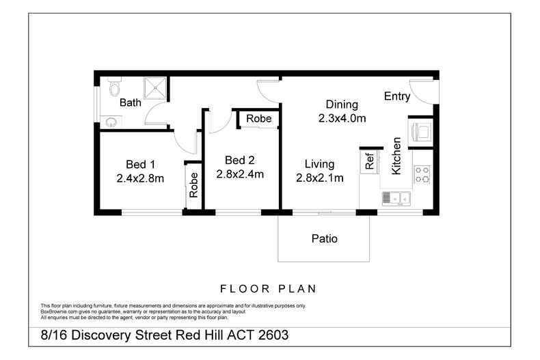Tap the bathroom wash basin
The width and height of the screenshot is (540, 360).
click(x=111, y=122)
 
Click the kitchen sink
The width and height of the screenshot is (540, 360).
click(x=394, y=199)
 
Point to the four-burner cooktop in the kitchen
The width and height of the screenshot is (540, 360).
click(x=422, y=175)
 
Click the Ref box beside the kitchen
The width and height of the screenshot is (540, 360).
click(x=370, y=161)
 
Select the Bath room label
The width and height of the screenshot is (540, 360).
click(x=131, y=103)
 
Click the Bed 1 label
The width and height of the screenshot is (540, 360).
click(x=141, y=164)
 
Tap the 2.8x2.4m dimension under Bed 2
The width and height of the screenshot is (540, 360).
click(x=240, y=174)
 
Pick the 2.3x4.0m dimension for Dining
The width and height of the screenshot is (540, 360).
click(x=342, y=117)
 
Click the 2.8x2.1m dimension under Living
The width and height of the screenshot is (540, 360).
click(x=319, y=178)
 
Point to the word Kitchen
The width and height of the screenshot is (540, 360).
click(x=396, y=156)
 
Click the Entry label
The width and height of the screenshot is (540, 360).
click(x=396, y=96)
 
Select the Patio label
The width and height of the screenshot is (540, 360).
click(x=325, y=239)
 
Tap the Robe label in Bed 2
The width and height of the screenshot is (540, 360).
click(x=259, y=119)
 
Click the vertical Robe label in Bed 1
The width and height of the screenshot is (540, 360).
click(x=193, y=184)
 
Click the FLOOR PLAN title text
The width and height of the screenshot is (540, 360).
click(x=267, y=288)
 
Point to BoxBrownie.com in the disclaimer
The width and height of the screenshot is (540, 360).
click(x=58, y=311)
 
